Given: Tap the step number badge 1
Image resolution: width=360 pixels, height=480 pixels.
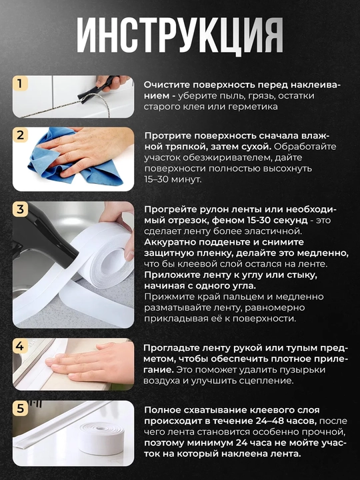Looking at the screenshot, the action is [20, 83].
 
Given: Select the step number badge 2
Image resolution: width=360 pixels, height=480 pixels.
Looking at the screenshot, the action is [20, 135].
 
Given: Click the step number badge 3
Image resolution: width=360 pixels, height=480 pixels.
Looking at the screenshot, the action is [20, 209].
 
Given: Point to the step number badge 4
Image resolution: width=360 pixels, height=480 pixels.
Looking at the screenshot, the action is [20, 346].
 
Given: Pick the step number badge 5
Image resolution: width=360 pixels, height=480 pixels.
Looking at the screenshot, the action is [20, 409].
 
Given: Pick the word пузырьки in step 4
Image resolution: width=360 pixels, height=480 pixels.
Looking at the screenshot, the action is [303, 371].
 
